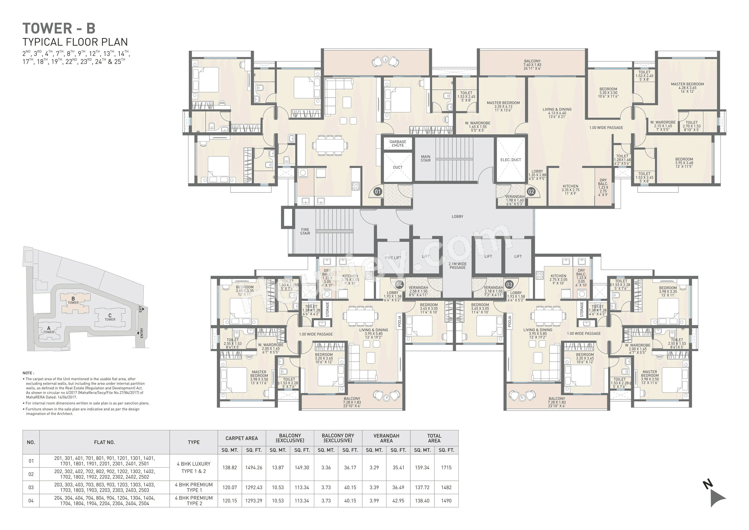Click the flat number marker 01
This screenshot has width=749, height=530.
click(377, 192)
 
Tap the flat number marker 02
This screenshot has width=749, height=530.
click(531, 192)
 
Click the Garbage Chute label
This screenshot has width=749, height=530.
click(398, 144)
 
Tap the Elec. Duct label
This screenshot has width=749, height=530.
click(511, 160)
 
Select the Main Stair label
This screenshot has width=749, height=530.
click(425, 159)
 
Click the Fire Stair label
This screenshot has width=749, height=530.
click(305, 232)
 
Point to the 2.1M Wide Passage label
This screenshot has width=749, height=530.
click(457, 266)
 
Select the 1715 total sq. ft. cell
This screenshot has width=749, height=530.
click(446, 468)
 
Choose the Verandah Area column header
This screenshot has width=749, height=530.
click(386, 438)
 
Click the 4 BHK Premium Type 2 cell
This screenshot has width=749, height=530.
click(194, 501)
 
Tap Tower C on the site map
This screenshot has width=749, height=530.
click(110, 317)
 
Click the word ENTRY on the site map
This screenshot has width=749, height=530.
click(142, 333)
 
